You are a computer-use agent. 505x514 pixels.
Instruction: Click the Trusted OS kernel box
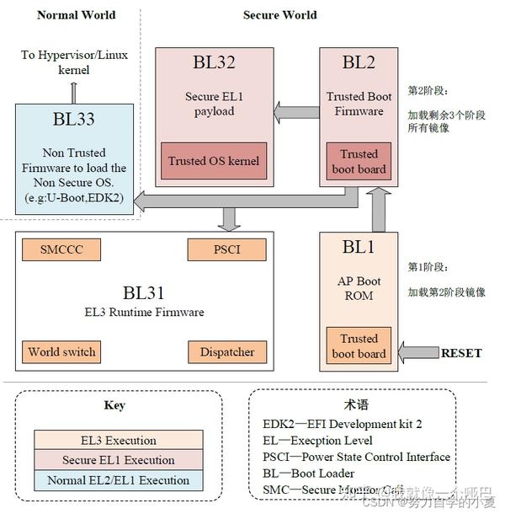click(214, 161)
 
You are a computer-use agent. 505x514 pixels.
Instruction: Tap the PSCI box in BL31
click(226, 249)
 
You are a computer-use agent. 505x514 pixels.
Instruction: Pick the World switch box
click(61, 351)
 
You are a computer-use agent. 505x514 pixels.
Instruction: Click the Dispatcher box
click(226, 351)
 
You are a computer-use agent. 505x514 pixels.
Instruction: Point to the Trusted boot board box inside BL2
click(359, 162)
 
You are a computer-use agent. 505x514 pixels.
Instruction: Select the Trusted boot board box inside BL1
click(359, 346)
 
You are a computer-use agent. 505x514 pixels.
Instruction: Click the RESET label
click(461, 353)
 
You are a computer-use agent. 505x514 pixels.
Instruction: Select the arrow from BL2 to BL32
click(295, 111)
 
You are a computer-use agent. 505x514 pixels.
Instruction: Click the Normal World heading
click(77, 14)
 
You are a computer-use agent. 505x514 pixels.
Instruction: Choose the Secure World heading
click(279, 14)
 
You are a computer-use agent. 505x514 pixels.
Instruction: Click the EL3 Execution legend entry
click(118, 440)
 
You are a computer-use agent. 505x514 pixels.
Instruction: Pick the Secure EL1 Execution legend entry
click(118, 460)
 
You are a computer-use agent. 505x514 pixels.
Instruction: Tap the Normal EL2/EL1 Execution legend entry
click(118, 480)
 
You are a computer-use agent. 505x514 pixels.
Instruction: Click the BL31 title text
click(143, 292)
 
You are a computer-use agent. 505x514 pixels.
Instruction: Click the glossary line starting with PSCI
click(356, 458)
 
